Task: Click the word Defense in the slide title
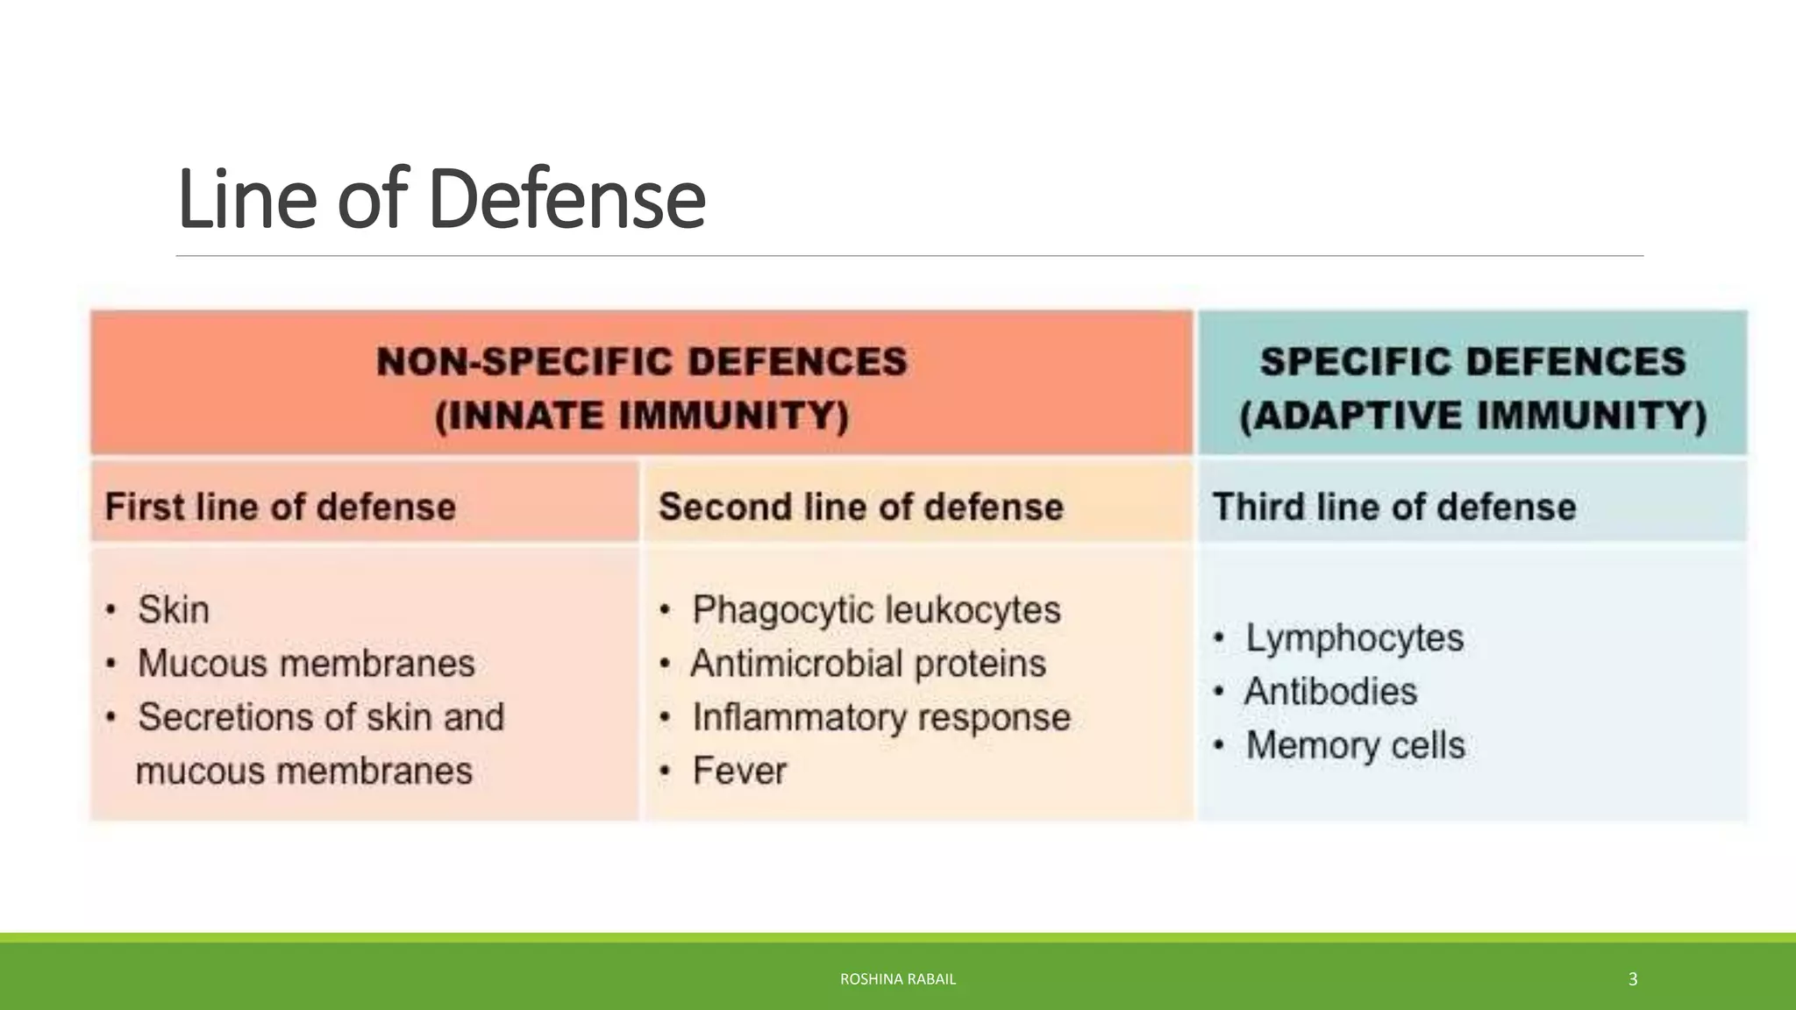567,200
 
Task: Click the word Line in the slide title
246,200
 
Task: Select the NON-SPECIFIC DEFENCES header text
641,361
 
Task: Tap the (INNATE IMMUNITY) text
641,416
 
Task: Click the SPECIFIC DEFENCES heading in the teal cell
1472,361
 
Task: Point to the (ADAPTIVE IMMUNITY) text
1472,416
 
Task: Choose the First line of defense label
281,507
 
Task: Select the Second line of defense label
860,507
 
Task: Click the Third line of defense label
1393,507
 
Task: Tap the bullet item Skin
174,609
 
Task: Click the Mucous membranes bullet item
306,663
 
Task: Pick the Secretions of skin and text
321,717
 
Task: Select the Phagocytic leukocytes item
876,609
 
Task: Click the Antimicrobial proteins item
868,663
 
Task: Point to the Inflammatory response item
881,717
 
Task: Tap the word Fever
739,771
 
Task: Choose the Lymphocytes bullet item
1354,637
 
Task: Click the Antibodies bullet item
1330,691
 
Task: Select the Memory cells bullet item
1355,745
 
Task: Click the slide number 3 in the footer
1632,978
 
